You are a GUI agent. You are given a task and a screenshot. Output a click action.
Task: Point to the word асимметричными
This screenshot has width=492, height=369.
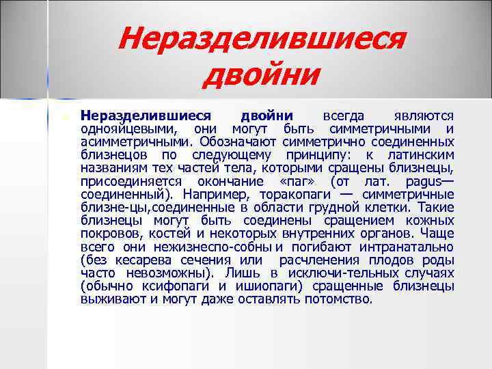(137, 141)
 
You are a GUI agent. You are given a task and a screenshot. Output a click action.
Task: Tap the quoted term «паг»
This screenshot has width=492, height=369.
(298, 181)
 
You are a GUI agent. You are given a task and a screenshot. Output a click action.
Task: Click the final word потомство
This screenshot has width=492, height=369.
(338, 299)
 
